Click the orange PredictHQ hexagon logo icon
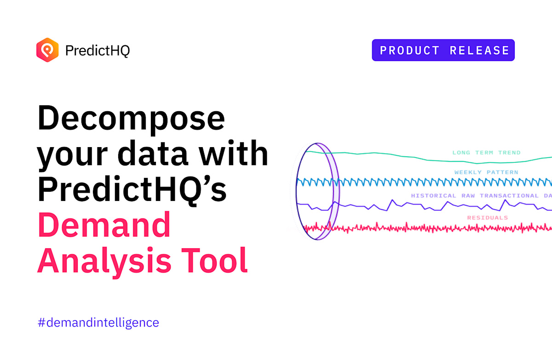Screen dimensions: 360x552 (47, 50)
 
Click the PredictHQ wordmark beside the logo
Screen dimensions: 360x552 (98, 50)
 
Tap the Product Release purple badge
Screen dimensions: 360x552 (443, 50)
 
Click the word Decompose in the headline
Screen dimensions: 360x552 (131, 118)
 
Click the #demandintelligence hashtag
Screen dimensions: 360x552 (98, 322)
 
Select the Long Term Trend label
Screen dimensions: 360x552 (486, 152)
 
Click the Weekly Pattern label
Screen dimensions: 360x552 (486, 172)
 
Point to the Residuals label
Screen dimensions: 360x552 (487, 217)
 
